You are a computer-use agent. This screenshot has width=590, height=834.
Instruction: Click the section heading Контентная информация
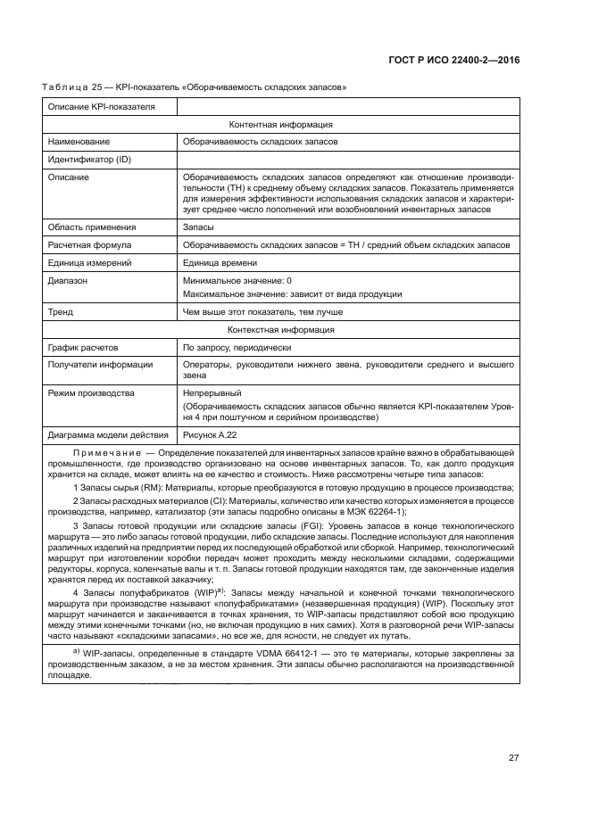click(x=281, y=125)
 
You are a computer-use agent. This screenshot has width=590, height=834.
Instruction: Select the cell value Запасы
click(x=200, y=227)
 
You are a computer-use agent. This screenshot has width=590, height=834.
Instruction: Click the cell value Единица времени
click(x=220, y=262)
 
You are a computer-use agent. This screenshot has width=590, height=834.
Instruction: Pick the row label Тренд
click(x=61, y=312)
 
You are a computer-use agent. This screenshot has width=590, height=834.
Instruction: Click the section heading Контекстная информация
click(x=281, y=330)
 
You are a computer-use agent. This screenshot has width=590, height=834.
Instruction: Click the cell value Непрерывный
click(x=212, y=393)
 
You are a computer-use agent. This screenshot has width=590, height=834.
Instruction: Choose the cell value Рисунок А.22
click(x=212, y=434)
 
